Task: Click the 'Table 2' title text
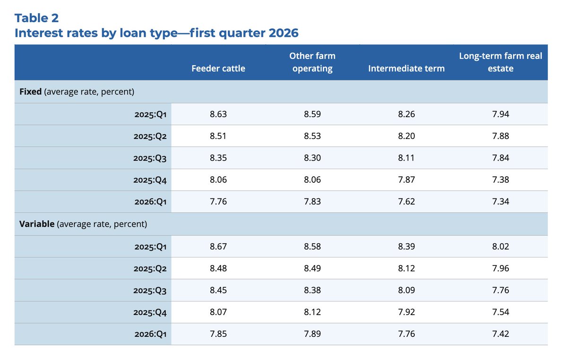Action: coord(37,18)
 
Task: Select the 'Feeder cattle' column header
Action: coord(218,69)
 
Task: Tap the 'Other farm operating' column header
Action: coord(312,62)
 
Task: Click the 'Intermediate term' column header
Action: coord(406,69)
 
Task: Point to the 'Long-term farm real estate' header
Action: coord(500,62)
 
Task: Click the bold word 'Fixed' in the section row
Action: coord(31,92)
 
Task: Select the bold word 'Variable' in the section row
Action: coord(37,224)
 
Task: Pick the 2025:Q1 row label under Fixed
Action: coord(150,114)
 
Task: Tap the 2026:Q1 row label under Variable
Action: coord(150,334)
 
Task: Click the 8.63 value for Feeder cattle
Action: coord(218,114)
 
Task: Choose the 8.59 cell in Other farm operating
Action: coord(312,114)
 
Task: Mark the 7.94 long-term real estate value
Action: coord(500,114)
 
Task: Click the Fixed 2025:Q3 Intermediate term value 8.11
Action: coord(406,158)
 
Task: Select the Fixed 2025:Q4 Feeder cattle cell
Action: coord(218,180)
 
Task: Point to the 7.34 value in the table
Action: coord(500,202)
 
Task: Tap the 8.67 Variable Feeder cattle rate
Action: coord(218,246)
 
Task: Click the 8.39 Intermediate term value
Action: coord(406,246)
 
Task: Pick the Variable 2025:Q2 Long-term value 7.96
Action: coord(500,268)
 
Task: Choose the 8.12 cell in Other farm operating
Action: coord(312,312)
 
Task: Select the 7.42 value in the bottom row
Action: coord(500,334)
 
